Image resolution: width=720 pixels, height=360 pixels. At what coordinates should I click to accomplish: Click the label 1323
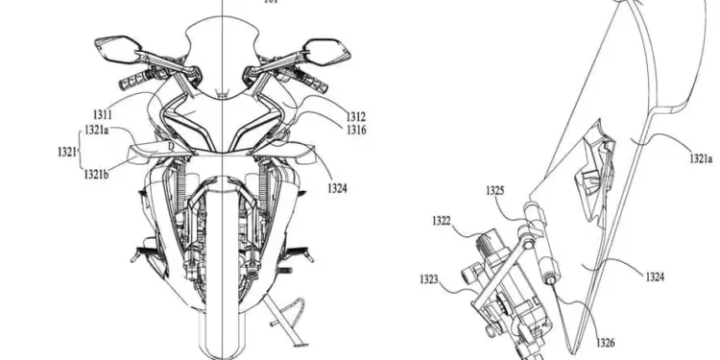click(431, 279)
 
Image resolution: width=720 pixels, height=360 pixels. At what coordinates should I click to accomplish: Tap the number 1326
click(605, 342)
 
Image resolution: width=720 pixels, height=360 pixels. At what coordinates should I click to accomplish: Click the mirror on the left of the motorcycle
click(114, 45)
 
